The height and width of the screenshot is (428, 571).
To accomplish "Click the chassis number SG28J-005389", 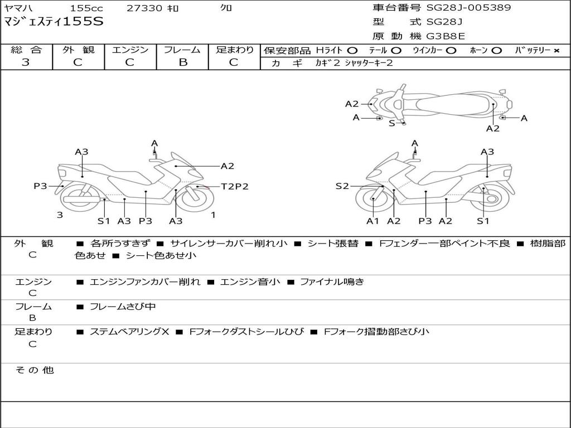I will tap(468, 8).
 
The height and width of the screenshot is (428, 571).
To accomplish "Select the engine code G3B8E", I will tap(446, 36).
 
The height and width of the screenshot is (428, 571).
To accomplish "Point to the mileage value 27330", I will tap(144, 8).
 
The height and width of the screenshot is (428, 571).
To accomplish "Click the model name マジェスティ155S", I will tap(53, 22).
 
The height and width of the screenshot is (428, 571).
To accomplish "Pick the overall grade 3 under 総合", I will tap(26, 62).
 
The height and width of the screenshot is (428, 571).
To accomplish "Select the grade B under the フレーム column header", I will tap(182, 62).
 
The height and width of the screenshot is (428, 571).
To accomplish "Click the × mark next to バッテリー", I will tap(556, 51).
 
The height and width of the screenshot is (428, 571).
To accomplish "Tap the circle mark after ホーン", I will tap(496, 51).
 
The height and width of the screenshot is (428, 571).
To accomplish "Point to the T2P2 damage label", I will tap(234, 187).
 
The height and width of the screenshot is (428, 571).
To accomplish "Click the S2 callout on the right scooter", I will tap(342, 186).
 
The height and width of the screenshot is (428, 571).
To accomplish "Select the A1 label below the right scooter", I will tap(372, 221).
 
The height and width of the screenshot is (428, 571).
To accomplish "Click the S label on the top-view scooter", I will tap(391, 123).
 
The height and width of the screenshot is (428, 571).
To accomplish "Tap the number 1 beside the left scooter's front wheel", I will tap(213, 215).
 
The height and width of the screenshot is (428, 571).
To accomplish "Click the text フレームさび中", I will tap(123, 307).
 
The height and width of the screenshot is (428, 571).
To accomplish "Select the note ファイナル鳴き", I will tap(332, 282).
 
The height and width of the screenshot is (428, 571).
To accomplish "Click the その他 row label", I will tap(33, 370).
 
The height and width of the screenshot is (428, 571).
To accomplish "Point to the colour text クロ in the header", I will tap(226, 8).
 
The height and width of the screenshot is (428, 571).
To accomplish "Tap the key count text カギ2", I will tap(327, 63).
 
